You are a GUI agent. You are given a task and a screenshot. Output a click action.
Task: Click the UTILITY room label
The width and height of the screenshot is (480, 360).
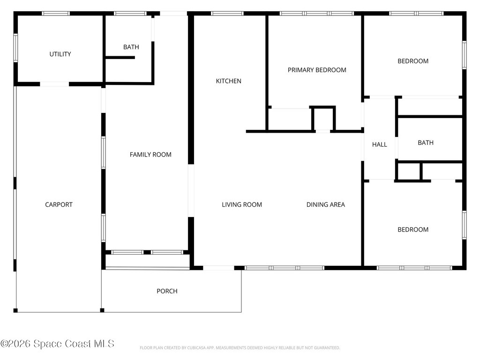click(x=60, y=54)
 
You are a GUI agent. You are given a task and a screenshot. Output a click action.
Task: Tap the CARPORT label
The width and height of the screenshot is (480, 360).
click(x=59, y=204)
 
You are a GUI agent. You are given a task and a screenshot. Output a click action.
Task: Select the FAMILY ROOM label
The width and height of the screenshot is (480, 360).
click(x=150, y=155)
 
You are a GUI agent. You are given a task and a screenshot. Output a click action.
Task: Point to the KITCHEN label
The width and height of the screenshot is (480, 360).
click(x=229, y=81)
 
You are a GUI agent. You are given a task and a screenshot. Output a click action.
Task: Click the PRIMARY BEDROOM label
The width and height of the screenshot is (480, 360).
click(x=317, y=70)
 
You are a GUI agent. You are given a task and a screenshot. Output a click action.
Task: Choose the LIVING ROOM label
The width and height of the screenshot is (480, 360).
click(x=242, y=204)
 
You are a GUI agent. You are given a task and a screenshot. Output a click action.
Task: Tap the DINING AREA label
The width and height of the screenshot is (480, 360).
click(x=326, y=204)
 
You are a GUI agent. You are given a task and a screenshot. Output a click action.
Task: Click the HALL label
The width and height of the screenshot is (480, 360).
click(x=380, y=144)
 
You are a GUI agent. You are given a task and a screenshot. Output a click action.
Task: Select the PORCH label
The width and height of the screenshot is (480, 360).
click(x=167, y=291)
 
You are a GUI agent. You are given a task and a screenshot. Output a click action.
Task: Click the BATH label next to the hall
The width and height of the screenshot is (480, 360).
click(x=426, y=142)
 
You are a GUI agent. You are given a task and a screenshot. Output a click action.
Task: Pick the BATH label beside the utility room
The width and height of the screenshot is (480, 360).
click(x=131, y=47)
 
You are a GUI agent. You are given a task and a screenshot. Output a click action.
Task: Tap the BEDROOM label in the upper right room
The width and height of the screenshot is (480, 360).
click(x=413, y=61)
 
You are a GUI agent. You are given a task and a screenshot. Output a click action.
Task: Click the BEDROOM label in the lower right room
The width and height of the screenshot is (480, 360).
click(x=413, y=230)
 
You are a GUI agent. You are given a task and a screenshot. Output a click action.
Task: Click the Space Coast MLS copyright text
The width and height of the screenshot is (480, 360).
click(x=57, y=344)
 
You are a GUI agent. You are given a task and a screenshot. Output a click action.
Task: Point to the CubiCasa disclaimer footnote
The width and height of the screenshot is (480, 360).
click(x=240, y=348)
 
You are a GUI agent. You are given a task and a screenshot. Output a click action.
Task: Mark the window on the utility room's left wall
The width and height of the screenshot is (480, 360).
click(x=15, y=48)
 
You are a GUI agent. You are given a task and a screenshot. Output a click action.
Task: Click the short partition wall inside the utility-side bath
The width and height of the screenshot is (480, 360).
click(x=120, y=58)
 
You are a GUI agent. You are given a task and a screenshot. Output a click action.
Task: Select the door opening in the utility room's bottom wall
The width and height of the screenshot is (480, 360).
click(x=54, y=84)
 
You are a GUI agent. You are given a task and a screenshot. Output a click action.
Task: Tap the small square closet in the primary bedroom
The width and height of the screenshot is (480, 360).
click(x=323, y=119)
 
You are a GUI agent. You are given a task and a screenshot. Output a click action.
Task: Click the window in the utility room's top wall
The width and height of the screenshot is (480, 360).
click(x=56, y=14)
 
